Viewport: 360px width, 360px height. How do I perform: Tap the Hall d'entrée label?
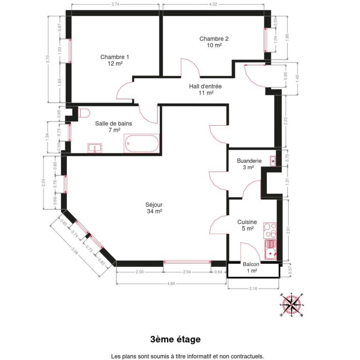click(x=205, y=90)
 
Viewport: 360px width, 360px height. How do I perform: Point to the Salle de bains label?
click(x=113, y=127)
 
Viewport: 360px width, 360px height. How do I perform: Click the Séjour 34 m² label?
click(x=154, y=208)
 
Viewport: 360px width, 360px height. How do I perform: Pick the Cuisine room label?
click(x=246, y=225)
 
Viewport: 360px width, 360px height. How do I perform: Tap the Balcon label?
click(x=251, y=267)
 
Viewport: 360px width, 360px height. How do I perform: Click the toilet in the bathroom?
click(x=84, y=113)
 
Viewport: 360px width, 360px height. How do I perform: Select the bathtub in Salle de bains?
click(x=142, y=143)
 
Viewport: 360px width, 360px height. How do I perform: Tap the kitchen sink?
click(x=270, y=252)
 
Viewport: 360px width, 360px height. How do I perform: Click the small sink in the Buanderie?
click(x=273, y=161)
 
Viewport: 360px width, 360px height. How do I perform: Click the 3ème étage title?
click(x=175, y=339)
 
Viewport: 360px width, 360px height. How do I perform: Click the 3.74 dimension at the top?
click(x=115, y=4)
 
